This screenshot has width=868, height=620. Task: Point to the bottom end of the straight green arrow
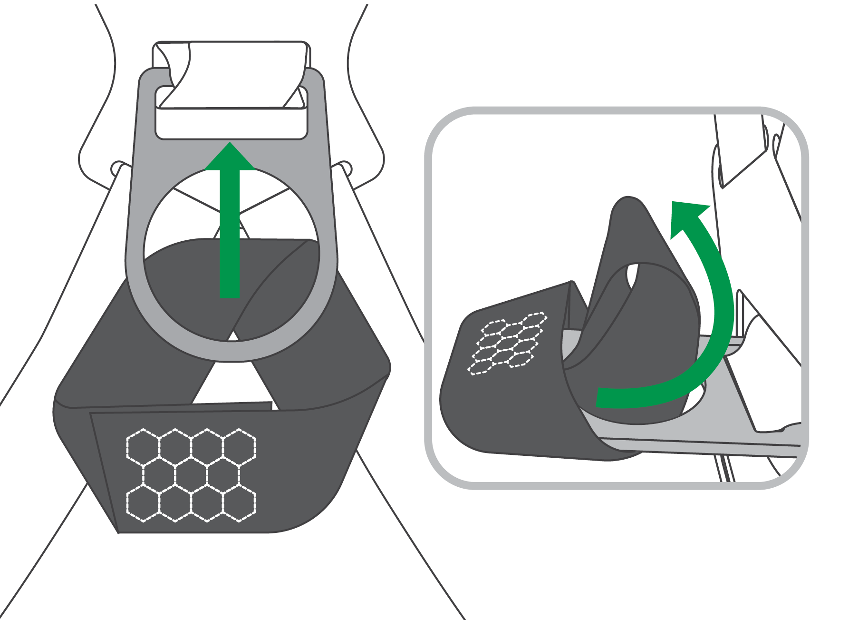230,295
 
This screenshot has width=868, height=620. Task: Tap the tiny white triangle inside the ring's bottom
233,336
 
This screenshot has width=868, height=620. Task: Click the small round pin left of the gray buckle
116,169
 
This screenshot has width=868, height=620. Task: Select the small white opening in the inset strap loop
633,276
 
